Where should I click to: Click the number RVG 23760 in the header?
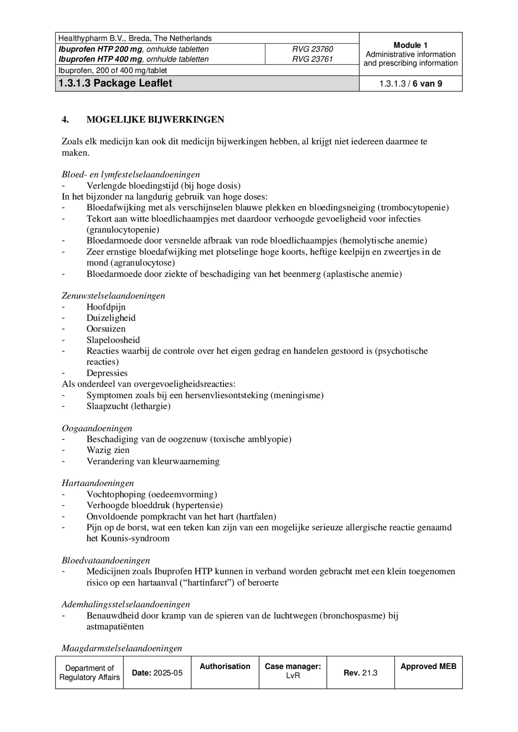pos(312,49)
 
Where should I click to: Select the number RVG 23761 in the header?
pos(312,59)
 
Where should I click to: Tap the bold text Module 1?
pos(411,45)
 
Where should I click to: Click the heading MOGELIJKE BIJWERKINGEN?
pos(155,120)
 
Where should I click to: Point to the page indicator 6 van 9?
pos(427,84)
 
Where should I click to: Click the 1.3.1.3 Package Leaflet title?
pos(115,84)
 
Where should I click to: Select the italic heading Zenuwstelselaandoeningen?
pos(113,296)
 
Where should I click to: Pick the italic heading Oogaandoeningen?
pos(97,428)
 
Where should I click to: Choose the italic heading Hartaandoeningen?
pos(98,483)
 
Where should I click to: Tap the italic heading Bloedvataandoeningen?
pos(106,560)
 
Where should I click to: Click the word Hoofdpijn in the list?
pos(106,307)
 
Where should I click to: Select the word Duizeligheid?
pos(111,318)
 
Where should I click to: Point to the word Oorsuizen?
pos(106,329)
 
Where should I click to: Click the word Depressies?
pos(107,373)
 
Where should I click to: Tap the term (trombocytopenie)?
pos(413,208)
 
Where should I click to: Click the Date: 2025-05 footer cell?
pos(157,673)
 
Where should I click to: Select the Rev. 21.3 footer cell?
pos(360,673)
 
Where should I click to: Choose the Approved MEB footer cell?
pos(428,666)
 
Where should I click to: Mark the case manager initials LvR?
pos(293,676)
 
